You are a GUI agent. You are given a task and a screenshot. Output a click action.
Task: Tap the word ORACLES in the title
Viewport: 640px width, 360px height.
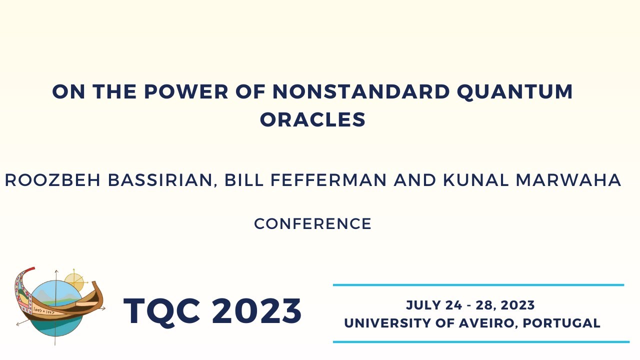click(x=312, y=119)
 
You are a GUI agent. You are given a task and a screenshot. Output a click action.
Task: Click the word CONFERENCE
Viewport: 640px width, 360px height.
click(x=312, y=223)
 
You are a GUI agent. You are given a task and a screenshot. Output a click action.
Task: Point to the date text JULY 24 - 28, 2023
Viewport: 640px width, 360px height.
click(x=470, y=305)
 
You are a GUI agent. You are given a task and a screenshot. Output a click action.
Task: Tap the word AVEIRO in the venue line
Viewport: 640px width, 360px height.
click(x=487, y=323)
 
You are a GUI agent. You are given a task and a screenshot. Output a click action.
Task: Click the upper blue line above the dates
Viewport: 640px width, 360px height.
click(x=478, y=285)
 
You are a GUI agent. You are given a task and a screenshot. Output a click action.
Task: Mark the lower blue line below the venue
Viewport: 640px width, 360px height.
click(x=480, y=342)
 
